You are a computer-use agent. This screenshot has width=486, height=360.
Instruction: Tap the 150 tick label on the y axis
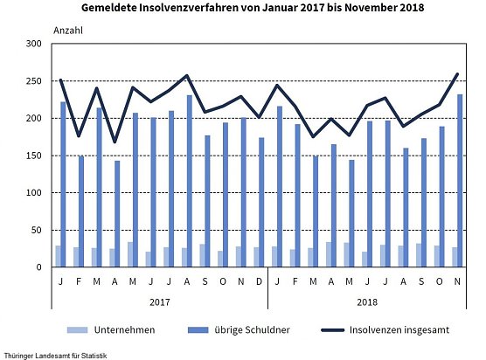click(33, 156)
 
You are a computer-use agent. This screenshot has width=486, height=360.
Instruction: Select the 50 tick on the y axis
click(36, 230)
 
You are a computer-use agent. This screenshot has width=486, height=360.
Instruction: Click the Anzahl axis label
click(67, 30)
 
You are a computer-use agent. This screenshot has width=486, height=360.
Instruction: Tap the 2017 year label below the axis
click(158, 301)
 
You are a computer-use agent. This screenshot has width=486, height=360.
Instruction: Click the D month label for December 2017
click(259, 281)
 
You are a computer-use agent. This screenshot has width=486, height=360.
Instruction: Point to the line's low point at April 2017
click(114, 142)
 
